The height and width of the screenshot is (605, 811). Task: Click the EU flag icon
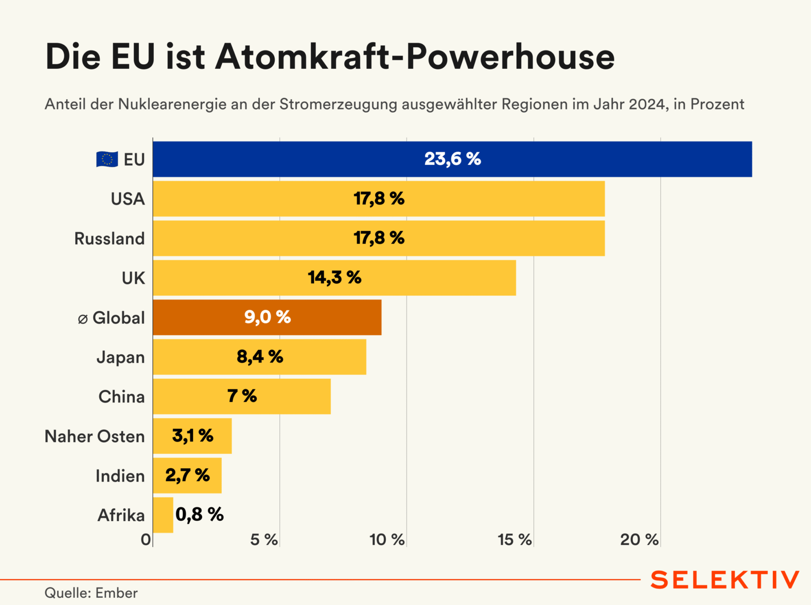click(107, 159)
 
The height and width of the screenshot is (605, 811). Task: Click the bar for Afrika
click(163, 515)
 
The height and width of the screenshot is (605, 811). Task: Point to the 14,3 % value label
click(334, 278)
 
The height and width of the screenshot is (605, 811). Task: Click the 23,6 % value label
click(452, 159)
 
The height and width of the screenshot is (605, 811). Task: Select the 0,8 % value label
click(200, 515)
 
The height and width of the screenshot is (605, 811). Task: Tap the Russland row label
click(110, 239)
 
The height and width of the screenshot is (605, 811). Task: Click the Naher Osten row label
click(95, 436)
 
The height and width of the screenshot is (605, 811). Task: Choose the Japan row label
click(120, 357)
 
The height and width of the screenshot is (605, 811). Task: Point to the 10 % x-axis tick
click(387, 540)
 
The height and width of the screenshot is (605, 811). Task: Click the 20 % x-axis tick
click(639, 540)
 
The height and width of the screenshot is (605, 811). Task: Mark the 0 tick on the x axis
click(146, 540)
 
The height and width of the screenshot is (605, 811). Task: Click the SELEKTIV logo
click(725, 580)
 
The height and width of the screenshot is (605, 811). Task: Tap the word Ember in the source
click(116, 593)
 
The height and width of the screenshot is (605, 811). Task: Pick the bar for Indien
click(187, 475)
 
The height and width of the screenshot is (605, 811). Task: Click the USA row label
click(128, 199)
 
